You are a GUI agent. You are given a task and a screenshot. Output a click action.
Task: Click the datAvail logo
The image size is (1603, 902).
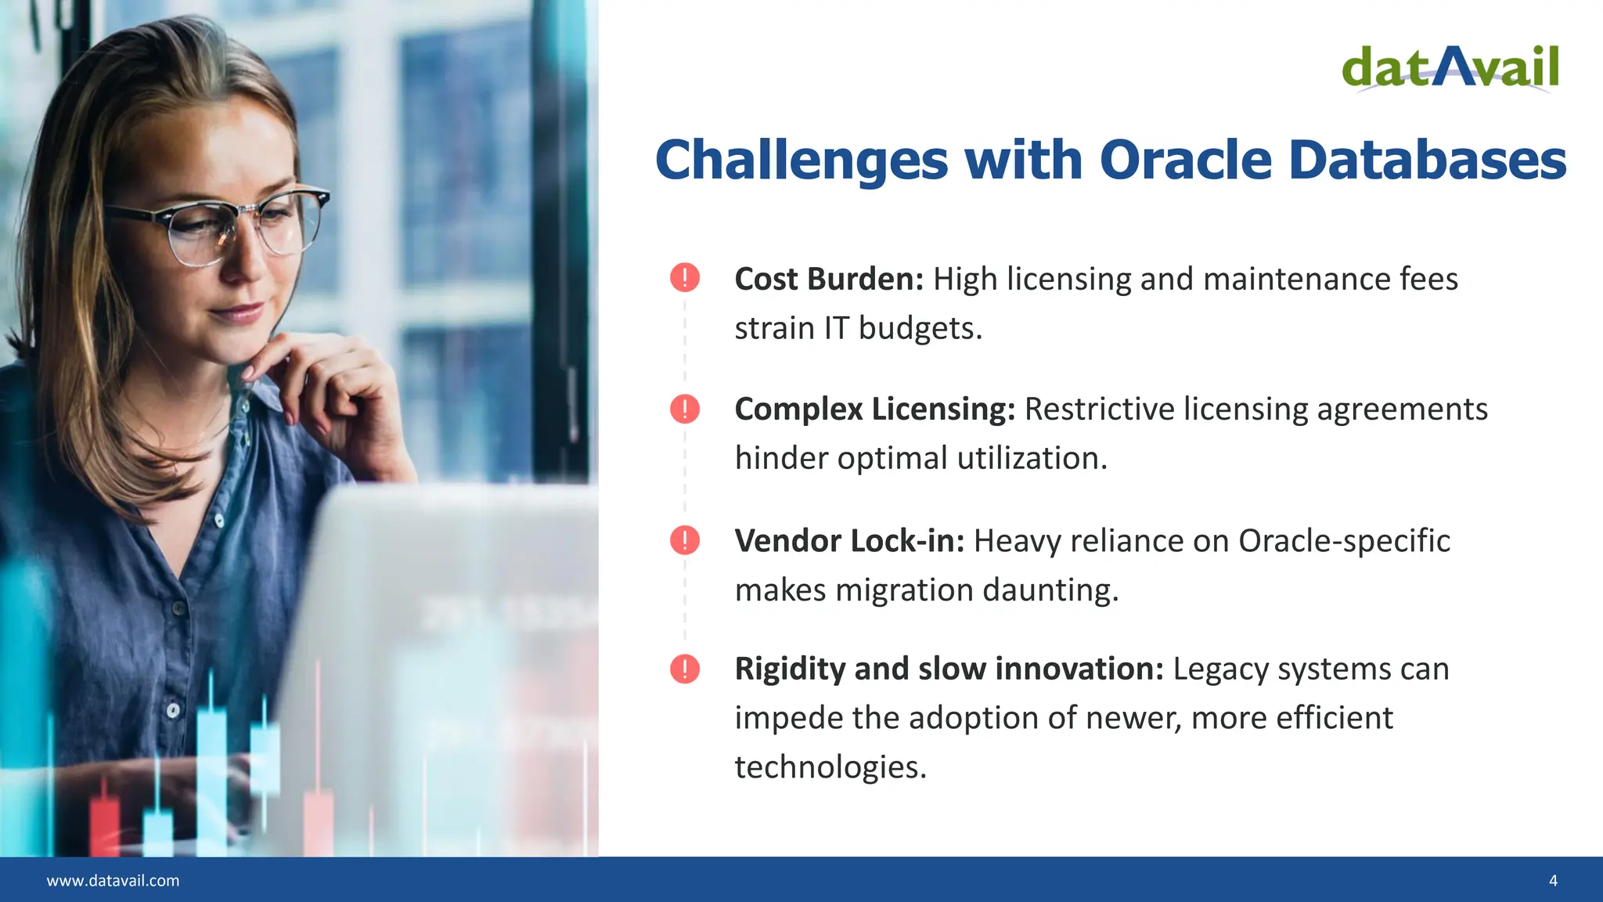pos(1450,68)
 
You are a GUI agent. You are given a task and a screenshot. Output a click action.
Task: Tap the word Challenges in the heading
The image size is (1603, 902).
pos(802,161)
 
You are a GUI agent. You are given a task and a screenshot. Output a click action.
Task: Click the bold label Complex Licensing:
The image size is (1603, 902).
pos(875,410)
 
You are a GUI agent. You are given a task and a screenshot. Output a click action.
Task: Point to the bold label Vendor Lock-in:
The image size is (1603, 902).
pos(850,540)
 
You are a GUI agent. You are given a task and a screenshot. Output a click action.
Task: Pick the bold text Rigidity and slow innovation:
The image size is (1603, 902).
pos(949,669)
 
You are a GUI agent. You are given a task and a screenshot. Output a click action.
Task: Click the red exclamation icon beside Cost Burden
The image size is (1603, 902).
pos(685,277)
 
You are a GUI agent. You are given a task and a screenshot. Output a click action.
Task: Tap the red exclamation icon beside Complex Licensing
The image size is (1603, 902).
pos(685,409)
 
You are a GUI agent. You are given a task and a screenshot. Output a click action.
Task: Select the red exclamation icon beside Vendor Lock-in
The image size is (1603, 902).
pos(685,539)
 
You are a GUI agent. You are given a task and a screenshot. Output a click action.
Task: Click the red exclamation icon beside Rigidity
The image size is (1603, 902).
pos(685,669)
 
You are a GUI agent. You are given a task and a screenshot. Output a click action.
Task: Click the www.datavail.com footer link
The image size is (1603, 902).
pos(113,881)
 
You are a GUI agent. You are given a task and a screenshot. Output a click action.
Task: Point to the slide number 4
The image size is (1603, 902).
pos(1553,881)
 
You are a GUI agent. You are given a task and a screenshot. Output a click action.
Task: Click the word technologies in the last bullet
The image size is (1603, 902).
pos(830,767)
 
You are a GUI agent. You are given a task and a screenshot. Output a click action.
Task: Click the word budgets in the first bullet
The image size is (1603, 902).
pos(920,329)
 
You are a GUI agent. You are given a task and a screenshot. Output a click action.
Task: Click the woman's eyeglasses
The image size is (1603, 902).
pos(227,225)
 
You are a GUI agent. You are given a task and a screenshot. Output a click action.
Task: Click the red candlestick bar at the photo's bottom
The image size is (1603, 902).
pos(105,825)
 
